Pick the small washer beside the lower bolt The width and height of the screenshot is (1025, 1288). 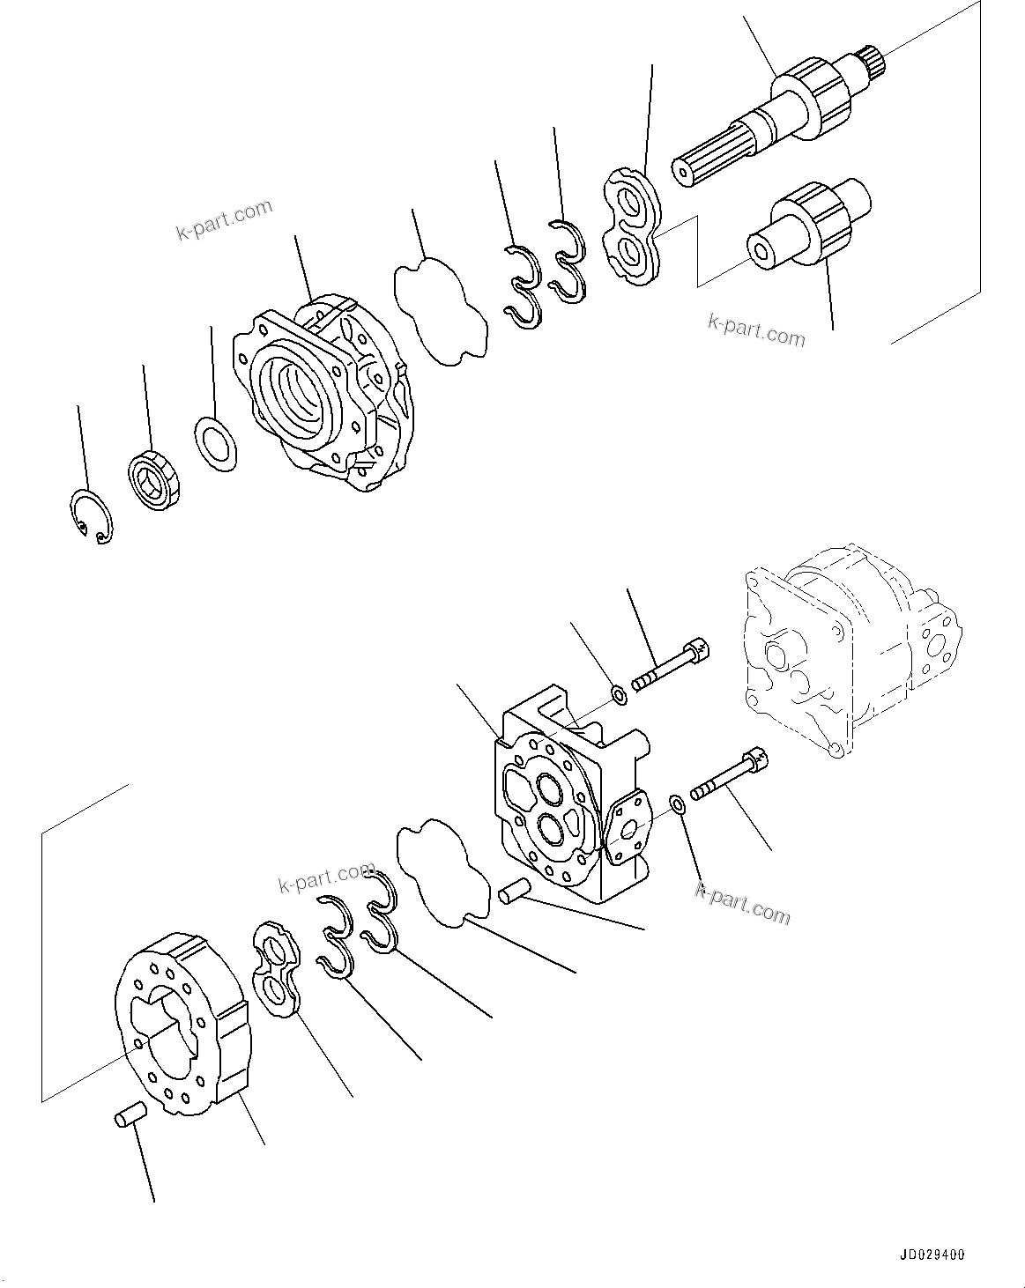(678, 804)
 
